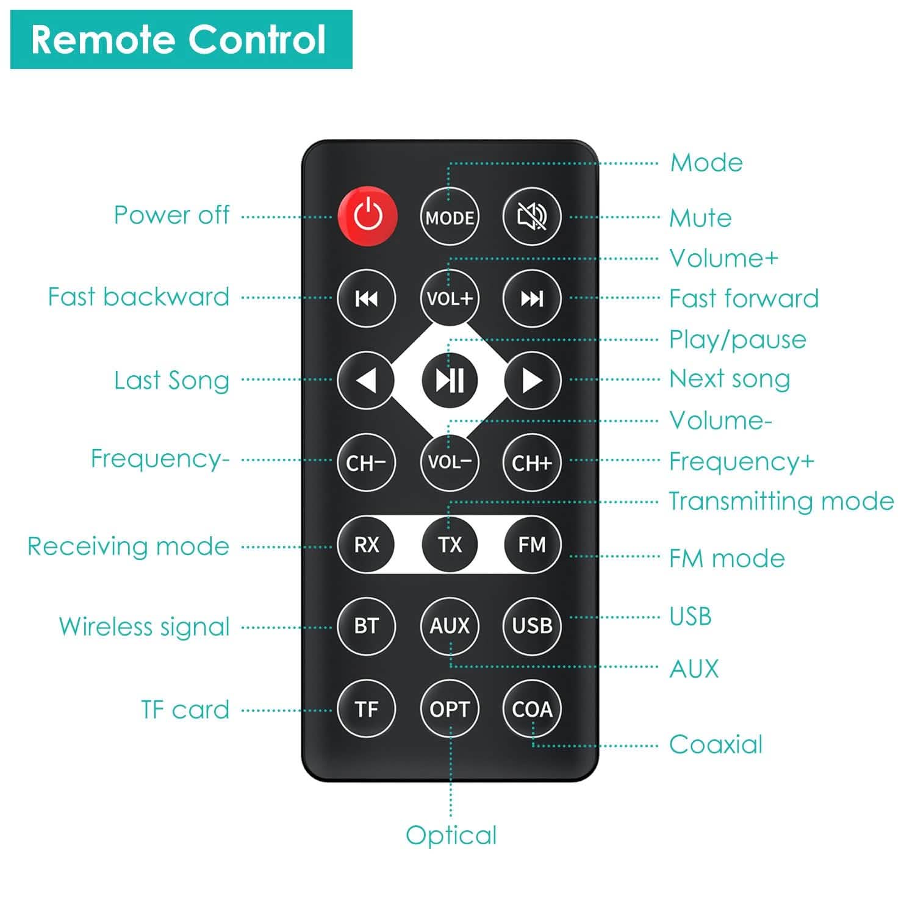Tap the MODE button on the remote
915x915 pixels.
point(450,217)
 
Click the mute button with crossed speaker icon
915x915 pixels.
point(532,217)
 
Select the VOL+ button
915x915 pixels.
point(450,298)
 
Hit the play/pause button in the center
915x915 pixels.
point(450,380)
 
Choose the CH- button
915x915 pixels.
point(366,462)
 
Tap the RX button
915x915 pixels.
point(366,544)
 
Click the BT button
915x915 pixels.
point(366,626)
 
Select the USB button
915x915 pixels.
point(532,626)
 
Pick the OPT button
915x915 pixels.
point(450,709)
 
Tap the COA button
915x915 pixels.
point(532,709)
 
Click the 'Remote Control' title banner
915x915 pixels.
point(181,40)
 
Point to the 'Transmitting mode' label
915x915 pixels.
point(781,501)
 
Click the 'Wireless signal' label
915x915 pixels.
point(144,626)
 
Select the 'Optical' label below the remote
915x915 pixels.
point(451,836)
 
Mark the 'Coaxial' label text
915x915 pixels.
point(716,745)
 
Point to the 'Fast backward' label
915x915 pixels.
point(138,297)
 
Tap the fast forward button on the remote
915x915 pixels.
point(532,298)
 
